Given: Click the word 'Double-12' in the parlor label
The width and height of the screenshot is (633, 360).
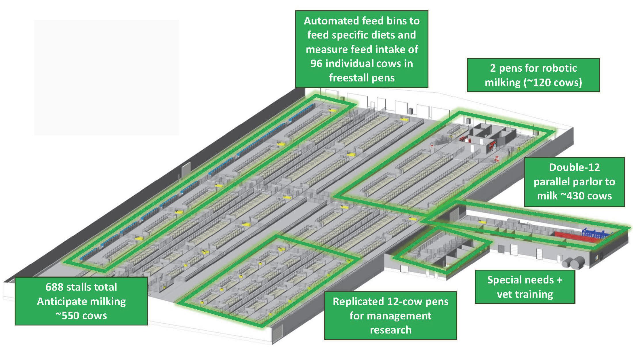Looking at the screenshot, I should [x=574, y=167].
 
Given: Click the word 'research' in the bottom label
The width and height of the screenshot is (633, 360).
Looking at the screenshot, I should [x=390, y=330].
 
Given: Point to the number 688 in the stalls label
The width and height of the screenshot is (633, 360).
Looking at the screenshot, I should [x=54, y=287].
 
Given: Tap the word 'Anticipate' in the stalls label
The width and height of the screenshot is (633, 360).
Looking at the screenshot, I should [x=61, y=301].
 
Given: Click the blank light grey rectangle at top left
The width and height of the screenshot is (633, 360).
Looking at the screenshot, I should [x=106, y=77].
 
